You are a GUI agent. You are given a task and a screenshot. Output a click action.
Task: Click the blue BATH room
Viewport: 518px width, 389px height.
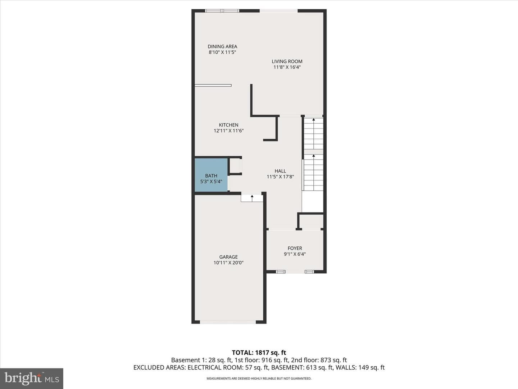click(x=211, y=175)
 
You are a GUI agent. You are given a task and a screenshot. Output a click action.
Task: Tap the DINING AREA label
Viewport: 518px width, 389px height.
click(x=222, y=46)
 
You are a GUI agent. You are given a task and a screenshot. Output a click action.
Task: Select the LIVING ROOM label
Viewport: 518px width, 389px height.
click(x=287, y=61)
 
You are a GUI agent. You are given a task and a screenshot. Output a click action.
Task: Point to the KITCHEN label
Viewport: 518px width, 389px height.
click(x=228, y=125)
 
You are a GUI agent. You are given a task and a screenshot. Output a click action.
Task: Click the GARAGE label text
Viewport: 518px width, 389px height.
click(x=228, y=257)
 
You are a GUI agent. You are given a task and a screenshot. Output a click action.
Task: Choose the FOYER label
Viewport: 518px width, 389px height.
click(x=295, y=248)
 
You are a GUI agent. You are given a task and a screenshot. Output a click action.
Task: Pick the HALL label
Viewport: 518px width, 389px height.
click(x=280, y=171)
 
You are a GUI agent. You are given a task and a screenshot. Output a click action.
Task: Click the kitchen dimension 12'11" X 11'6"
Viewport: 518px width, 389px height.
click(x=228, y=131)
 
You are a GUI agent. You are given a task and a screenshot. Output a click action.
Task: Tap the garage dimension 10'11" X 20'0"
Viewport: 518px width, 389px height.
click(x=228, y=263)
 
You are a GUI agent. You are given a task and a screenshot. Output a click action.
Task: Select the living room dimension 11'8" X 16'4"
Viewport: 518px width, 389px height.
click(x=287, y=67)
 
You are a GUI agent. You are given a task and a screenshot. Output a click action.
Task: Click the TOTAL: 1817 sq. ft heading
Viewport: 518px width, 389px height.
click(x=259, y=353)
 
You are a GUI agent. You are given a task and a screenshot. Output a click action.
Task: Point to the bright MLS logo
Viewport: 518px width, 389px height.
click(x=32, y=378)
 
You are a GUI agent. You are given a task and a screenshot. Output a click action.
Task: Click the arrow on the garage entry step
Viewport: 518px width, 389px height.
click(x=252, y=198)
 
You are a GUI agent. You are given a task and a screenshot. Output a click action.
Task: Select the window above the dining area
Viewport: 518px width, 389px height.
click(x=222, y=11)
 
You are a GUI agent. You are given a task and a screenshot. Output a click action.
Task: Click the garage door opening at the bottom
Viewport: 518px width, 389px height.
click(x=228, y=322)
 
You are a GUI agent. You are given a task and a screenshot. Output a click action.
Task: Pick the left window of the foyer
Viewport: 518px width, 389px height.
click(x=280, y=272)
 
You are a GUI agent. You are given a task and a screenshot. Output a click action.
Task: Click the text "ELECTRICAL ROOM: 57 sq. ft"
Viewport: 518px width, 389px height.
click(x=228, y=367)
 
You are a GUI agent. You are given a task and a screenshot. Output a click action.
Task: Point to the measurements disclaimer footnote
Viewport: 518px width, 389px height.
click(x=259, y=378)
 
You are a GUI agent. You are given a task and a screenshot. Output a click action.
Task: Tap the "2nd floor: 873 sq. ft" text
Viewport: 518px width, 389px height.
click(x=319, y=360)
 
